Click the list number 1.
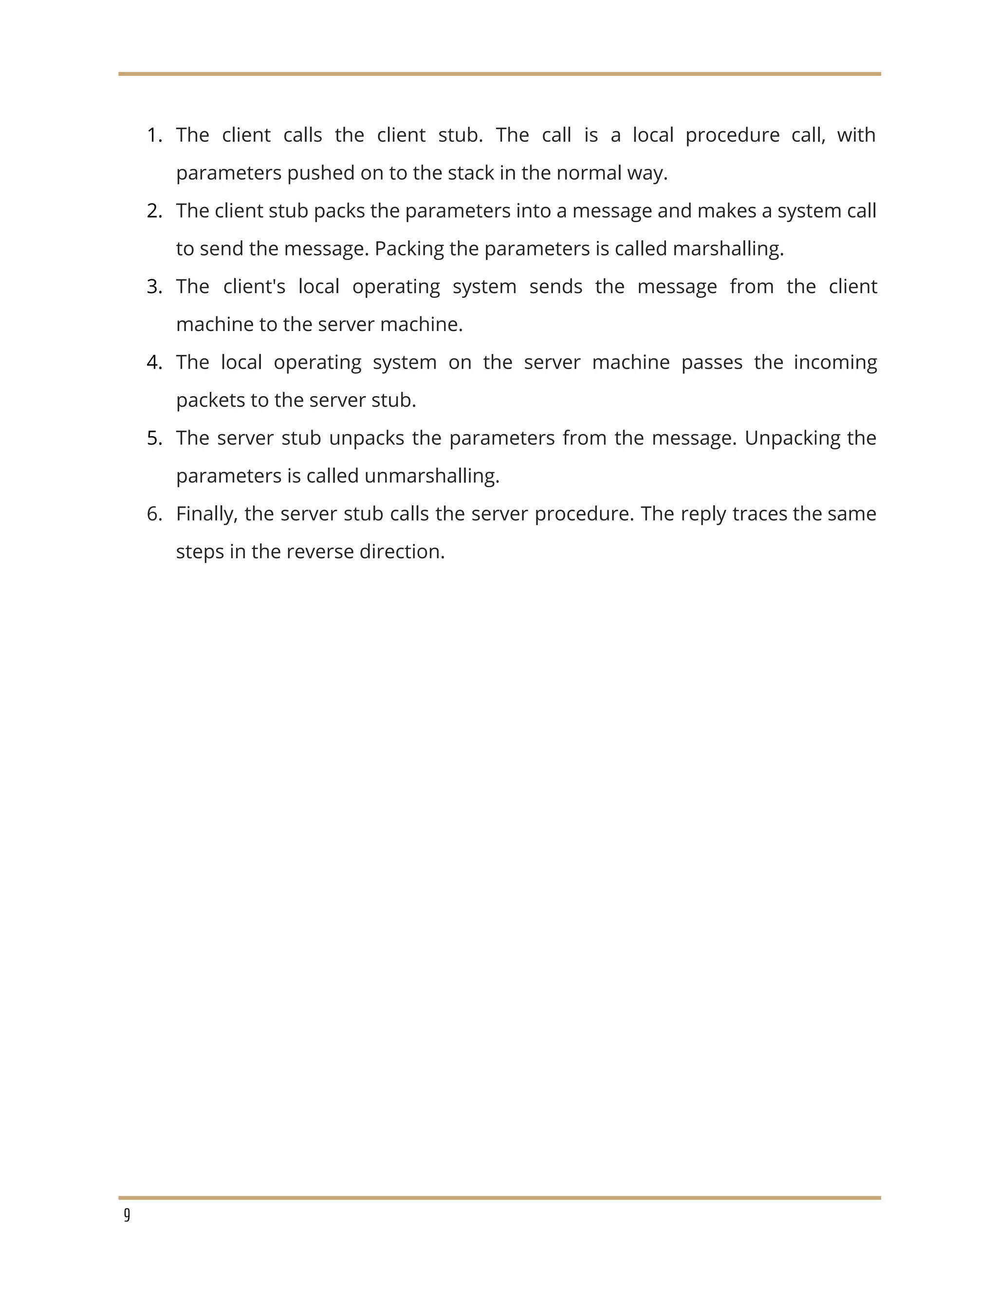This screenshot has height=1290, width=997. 153,135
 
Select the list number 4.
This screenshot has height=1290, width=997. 153,362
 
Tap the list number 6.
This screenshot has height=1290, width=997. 153,514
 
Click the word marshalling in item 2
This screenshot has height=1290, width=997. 728,249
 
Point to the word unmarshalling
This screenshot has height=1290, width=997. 432,476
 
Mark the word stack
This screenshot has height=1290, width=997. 471,173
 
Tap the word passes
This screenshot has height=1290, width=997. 712,362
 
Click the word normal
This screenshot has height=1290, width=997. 589,173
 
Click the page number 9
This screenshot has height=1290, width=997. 127,1215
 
